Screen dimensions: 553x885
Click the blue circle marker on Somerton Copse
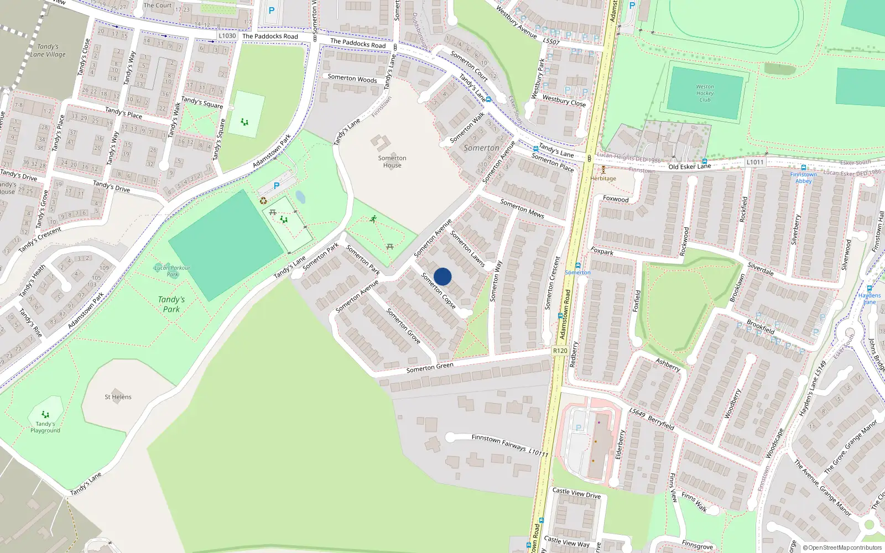tap(442, 276)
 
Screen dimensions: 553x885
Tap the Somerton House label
tap(392, 161)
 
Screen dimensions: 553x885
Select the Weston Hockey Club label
tap(705, 93)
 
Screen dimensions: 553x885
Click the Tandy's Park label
tap(171, 304)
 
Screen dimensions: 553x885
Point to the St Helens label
tap(118, 397)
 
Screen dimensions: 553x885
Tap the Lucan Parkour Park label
tap(172, 271)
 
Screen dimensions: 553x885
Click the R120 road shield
tap(560, 351)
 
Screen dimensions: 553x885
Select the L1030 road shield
tap(227, 36)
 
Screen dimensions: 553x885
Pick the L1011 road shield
tap(755, 162)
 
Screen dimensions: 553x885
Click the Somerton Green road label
tap(430, 367)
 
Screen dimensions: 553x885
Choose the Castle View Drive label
tap(576, 493)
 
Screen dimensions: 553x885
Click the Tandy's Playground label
tap(45, 427)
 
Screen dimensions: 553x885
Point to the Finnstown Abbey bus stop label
tap(803, 178)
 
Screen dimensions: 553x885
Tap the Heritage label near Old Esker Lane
tap(603, 179)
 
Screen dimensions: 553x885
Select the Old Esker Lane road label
tap(689, 166)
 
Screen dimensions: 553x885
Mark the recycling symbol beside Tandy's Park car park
tap(263, 201)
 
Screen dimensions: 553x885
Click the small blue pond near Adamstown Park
tap(300, 196)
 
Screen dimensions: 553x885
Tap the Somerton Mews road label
tap(522, 208)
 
